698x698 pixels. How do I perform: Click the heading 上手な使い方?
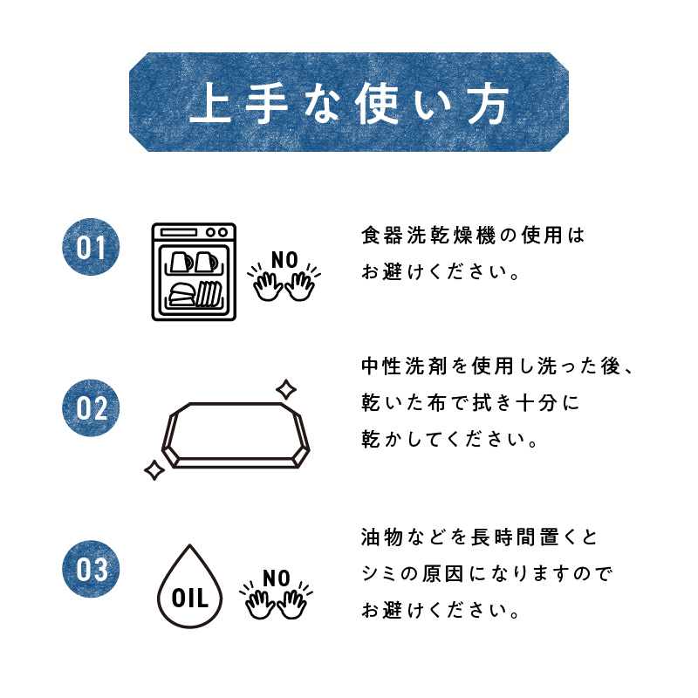pos(349,103)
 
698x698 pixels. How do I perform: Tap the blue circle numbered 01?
pos(91,247)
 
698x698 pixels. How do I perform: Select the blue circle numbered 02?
pos(91,408)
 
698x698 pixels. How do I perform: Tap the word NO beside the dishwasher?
pos(284,259)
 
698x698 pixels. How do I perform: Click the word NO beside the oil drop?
pos(276,578)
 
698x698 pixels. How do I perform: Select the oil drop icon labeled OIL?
pos(189,586)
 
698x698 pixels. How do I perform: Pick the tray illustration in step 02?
pos(236,435)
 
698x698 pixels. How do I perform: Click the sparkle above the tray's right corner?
pos(284,388)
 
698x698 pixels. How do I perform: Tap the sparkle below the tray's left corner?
pos(154,470)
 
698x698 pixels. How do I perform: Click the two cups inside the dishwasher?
pos(193,261)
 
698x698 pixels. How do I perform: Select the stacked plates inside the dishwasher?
pos(208,294)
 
